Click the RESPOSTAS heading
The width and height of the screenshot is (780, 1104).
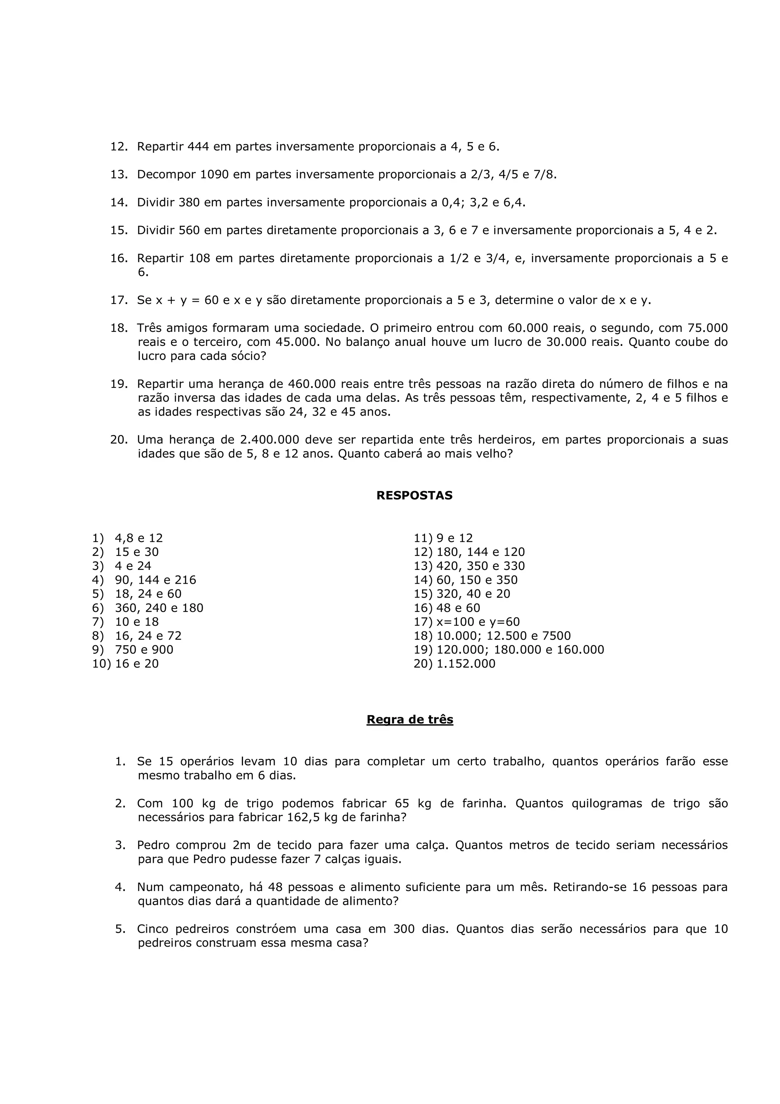[414, 495]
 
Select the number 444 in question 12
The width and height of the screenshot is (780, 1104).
[198, 146]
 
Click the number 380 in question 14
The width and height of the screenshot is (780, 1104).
[189, 202]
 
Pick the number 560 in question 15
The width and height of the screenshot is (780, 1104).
[189, 230]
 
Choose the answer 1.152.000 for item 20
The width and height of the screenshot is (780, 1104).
[466, 664]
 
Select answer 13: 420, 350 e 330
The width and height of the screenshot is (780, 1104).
[480, 566]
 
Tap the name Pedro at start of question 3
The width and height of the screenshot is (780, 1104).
[154, 845]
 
